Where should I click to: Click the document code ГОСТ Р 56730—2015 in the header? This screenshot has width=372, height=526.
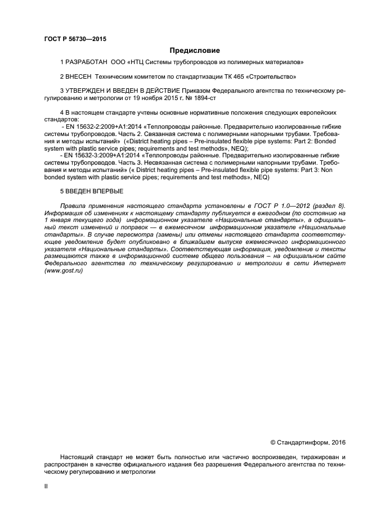pyautogui.click(x=75, y=39)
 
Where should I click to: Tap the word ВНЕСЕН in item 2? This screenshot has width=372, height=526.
pyautogui.click(x=79, y=76)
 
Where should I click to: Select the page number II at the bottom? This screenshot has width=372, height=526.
pyautogui.click(x=46, y=487)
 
